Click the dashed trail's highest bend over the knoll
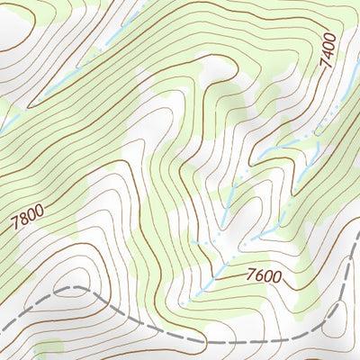pyautogui.click(x=76, y=287)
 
